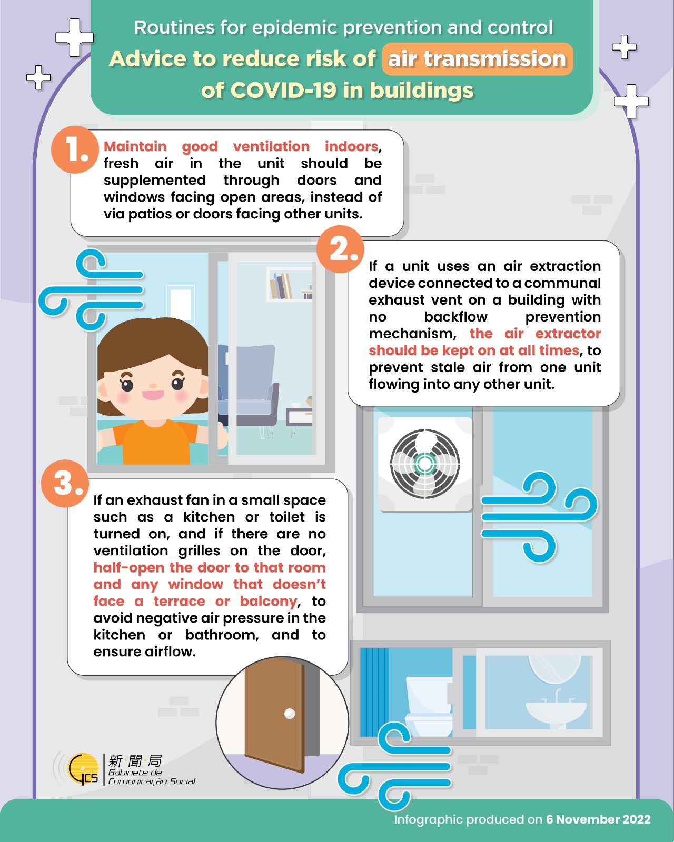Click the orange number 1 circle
tap(75, 149)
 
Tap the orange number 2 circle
tap(340, 249)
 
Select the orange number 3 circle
tap(65, 483)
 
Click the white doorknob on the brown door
tap(290, 714)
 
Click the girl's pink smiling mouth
tap(153, 395)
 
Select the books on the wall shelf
tap(280, 286)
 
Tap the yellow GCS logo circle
tap(83, 769)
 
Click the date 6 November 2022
tap(598, 819)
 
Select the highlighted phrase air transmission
tap(477, 59)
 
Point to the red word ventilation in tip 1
tap(271, 146)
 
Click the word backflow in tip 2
tap(455, 316)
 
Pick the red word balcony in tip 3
tap(268, 601)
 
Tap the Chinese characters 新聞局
tap(135, 760)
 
